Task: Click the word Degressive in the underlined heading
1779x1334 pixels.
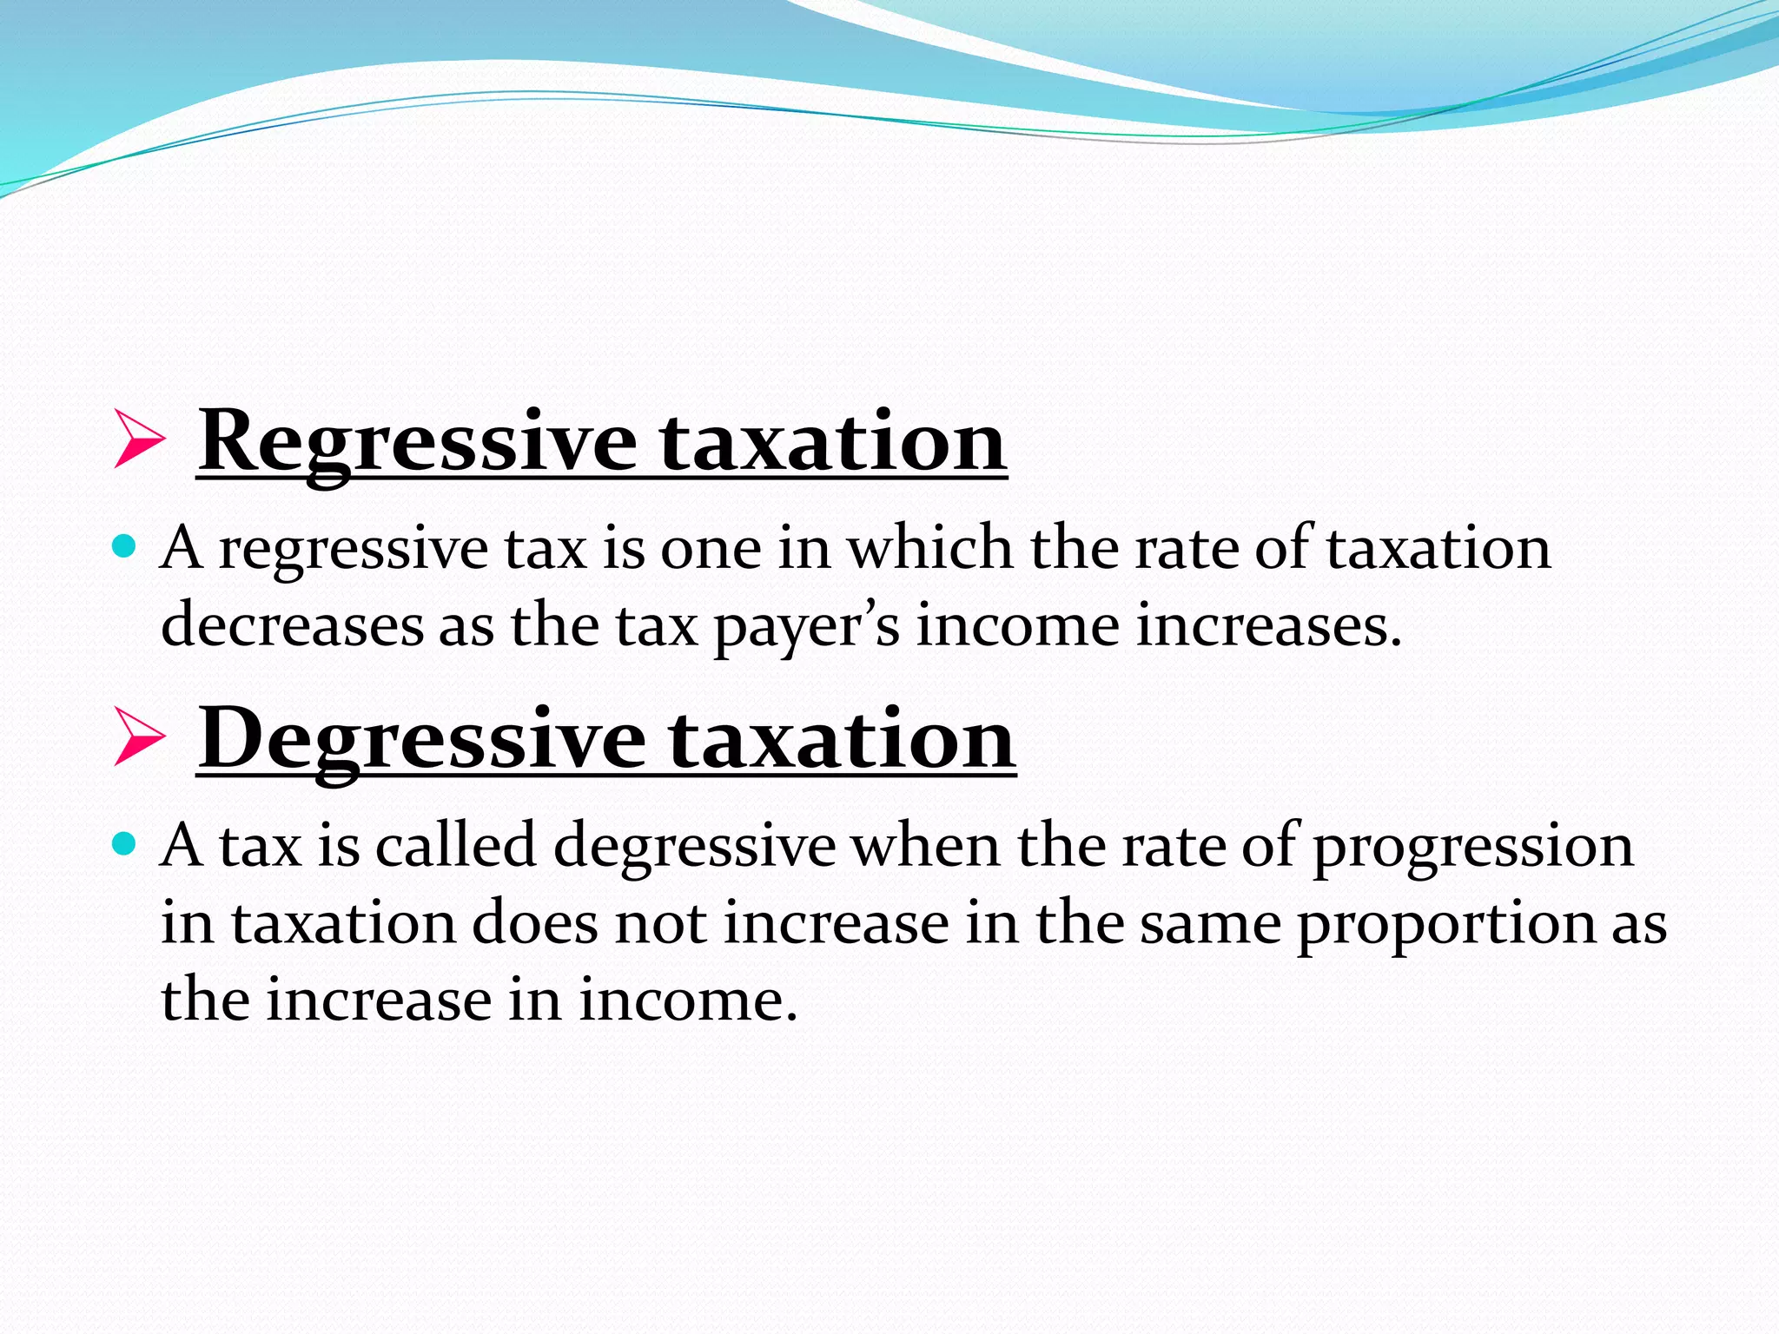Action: (x=422, y=739)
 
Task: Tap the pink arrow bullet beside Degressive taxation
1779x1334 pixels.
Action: (x=138, y=738)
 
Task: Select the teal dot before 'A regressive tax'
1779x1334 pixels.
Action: (x=125, y=546)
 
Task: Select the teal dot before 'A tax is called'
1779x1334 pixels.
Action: (x=125, y=843)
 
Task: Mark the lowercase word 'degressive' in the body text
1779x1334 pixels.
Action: (x=694, y=847)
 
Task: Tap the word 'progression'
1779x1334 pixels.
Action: (x=1472, y=847)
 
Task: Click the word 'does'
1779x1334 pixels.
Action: (x=535, y=922)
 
